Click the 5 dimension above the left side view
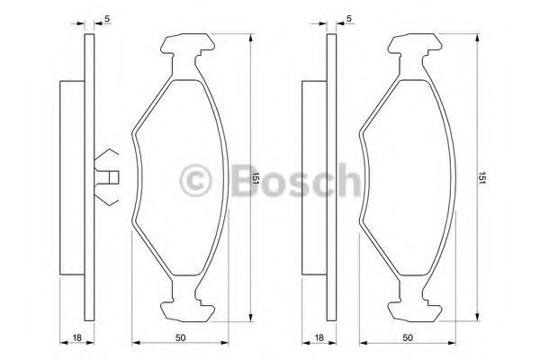point(107,19)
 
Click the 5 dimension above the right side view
point(349,19)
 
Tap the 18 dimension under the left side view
point(77,337)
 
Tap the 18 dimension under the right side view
point(319,337)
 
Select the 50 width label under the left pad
point(180,337)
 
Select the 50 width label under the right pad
point(408,337)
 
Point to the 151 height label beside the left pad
point(256,178)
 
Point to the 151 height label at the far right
point(481,178)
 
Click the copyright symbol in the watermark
point(195,180)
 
